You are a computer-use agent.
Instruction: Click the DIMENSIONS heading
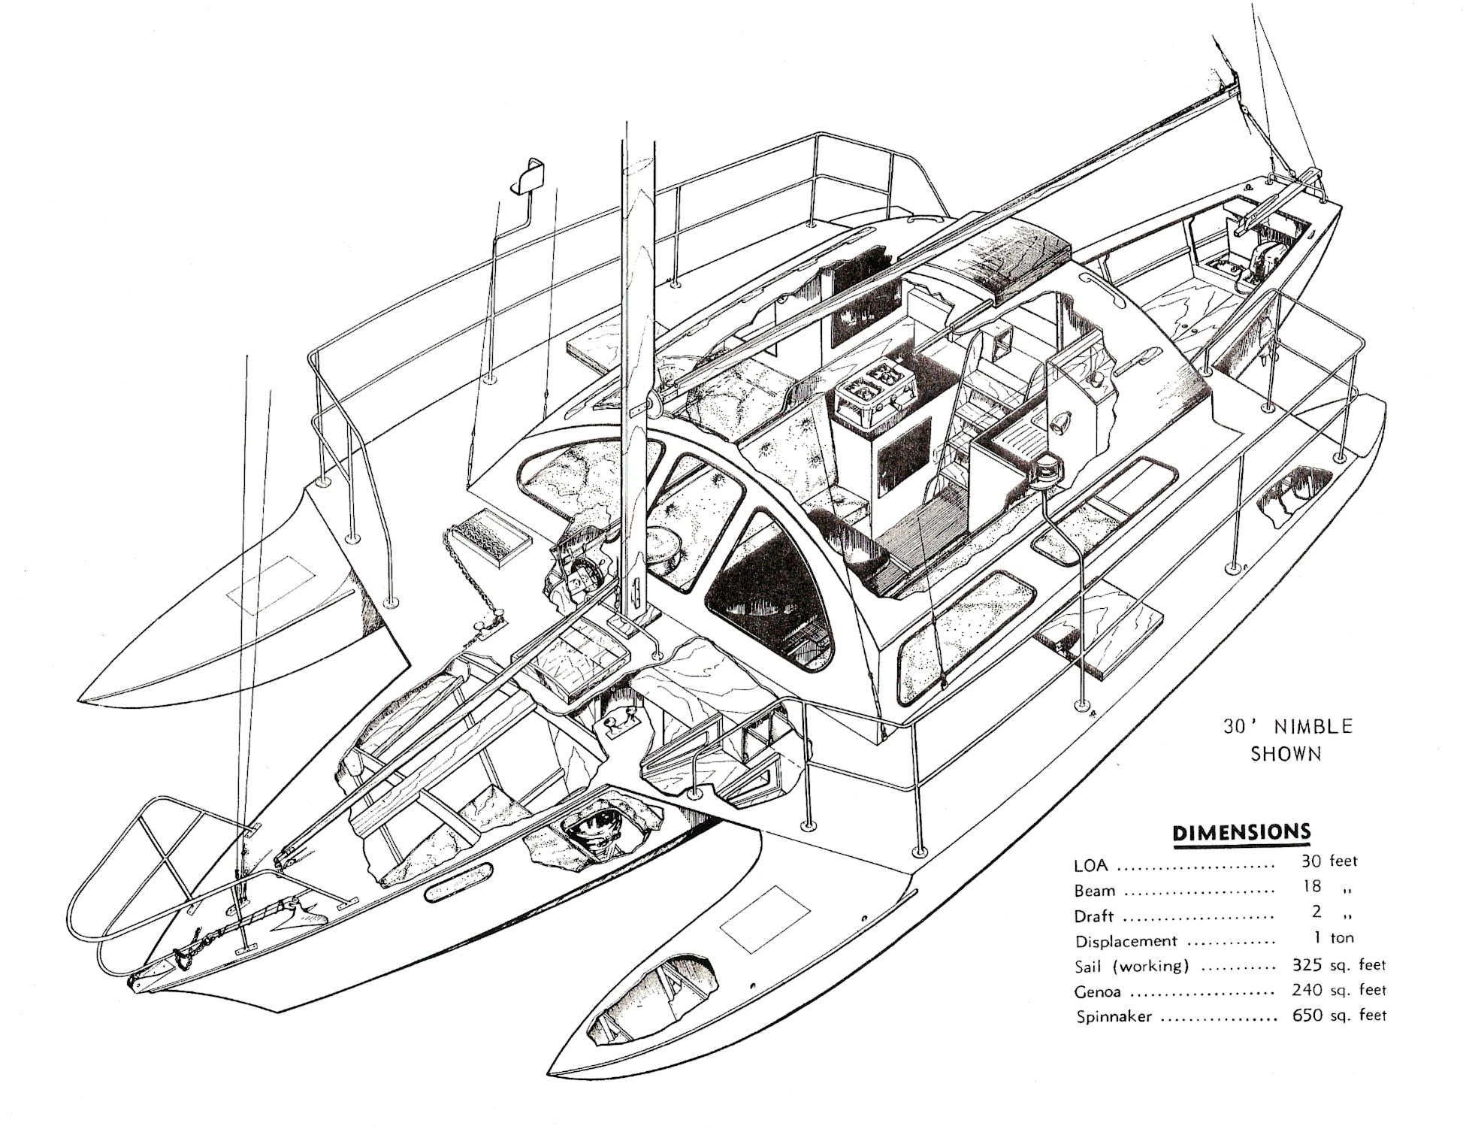point(1241,832)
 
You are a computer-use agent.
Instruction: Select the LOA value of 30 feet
point(1329,861)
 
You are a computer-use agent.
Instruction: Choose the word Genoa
point(1097,991)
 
